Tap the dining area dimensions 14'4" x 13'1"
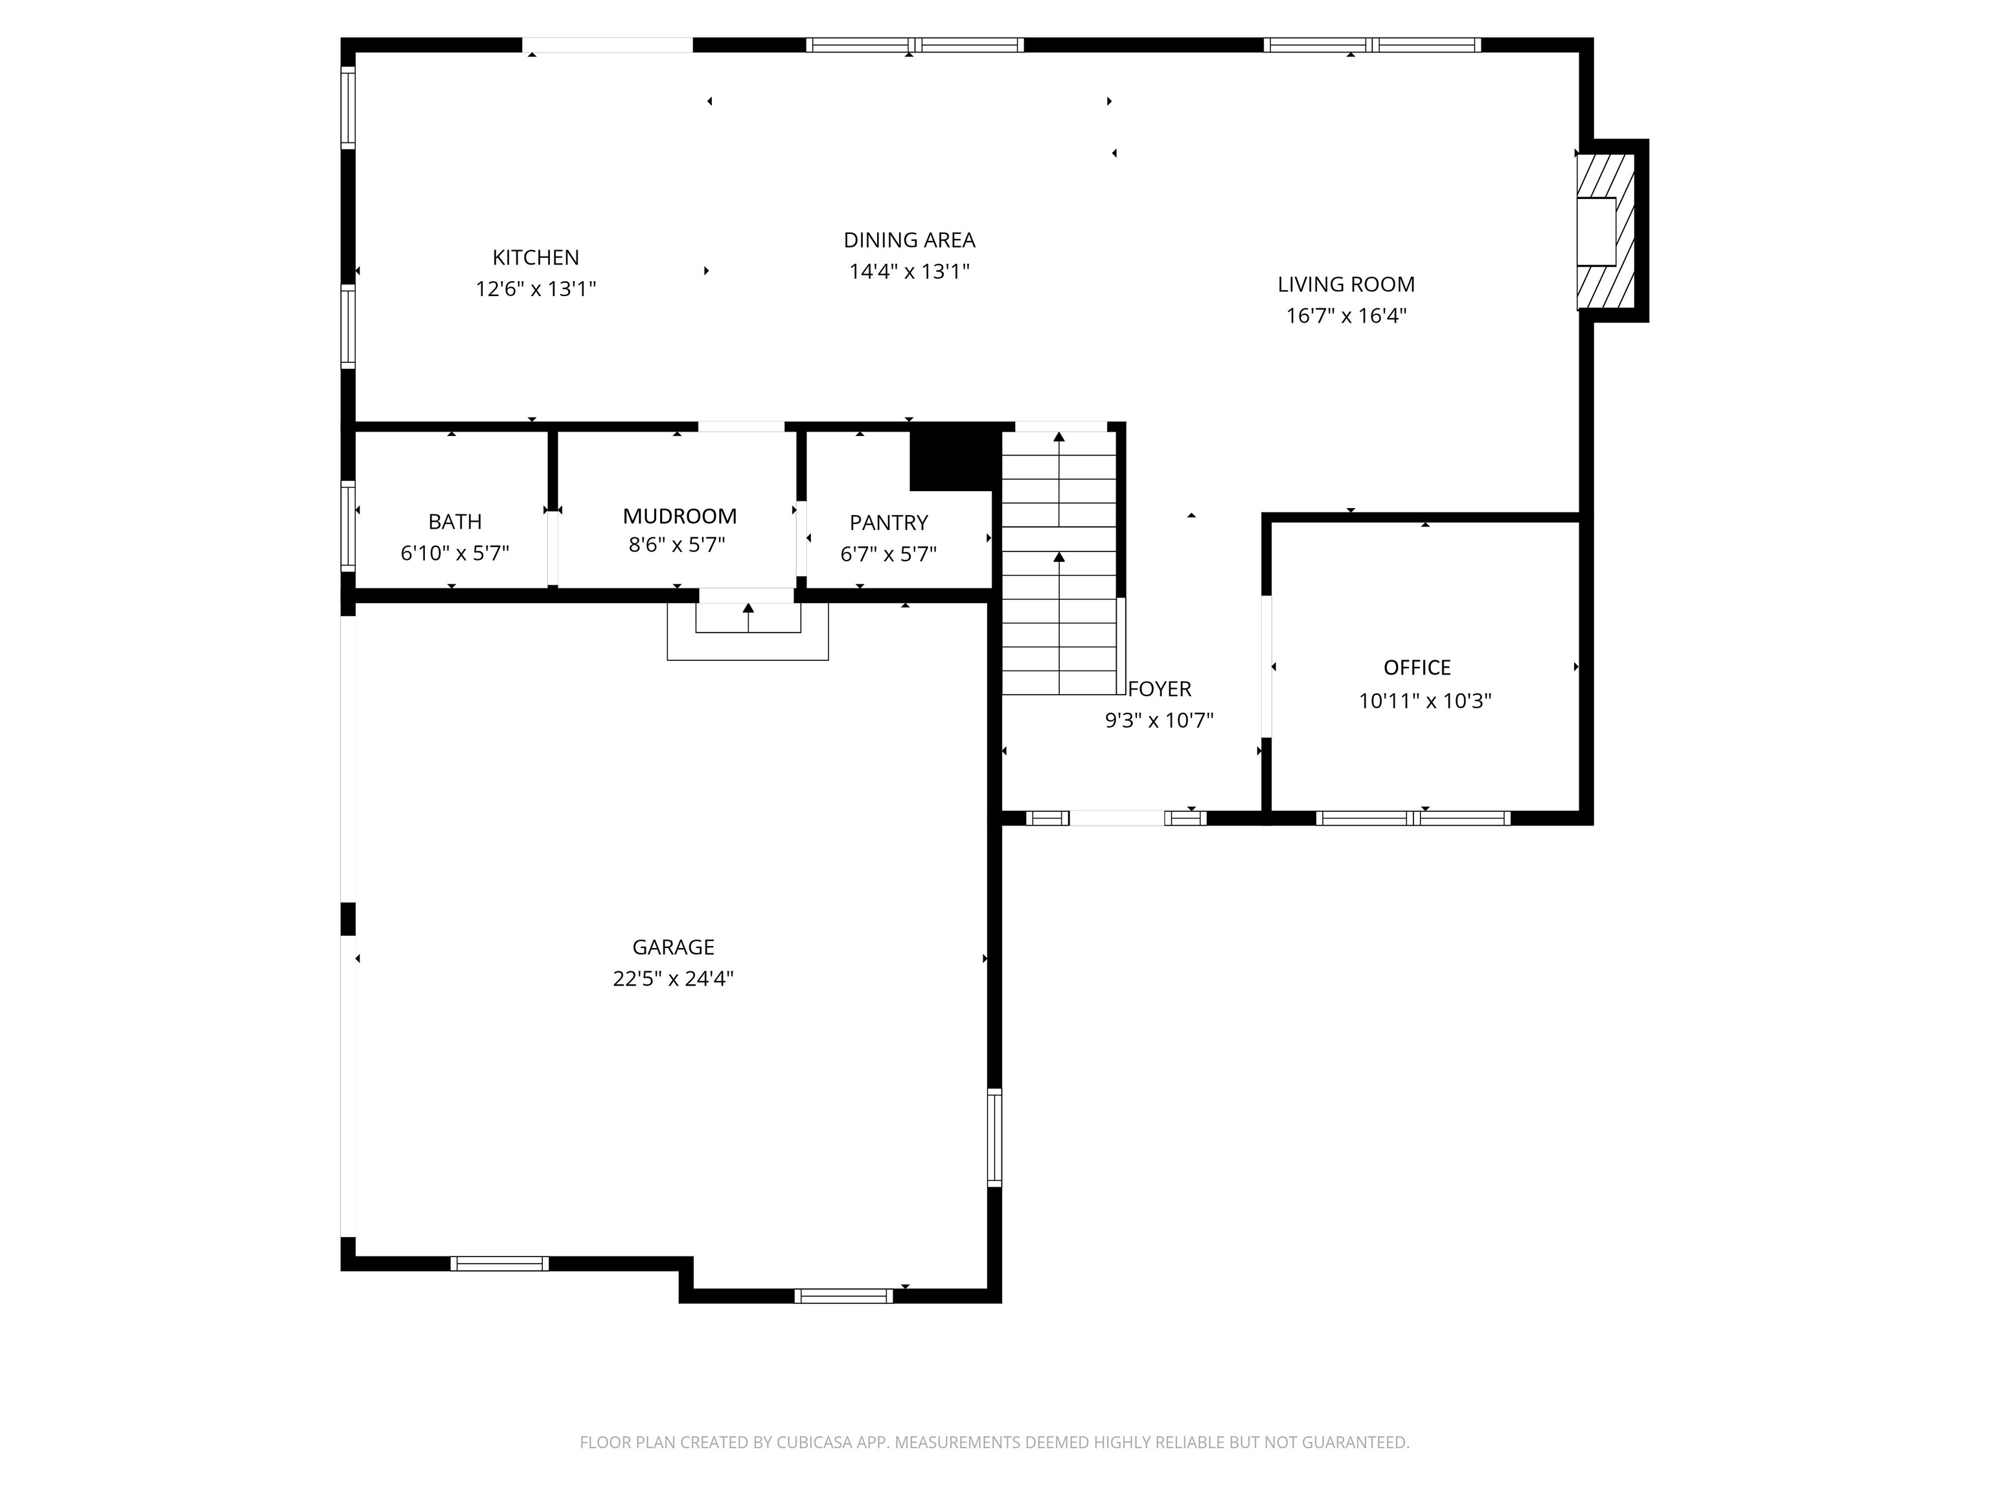pyautogui.click(x=909, y=271)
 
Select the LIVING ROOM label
pyautogui.click(x=1346, y=284)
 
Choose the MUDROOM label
pyautogui.click(x=680, y=516)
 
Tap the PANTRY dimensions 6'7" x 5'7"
pyautogui.click(x=888, y=554)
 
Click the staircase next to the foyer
pyautogui.click(x=1060, y=562)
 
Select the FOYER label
pyautogui.click(x=1159, y=689)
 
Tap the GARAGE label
pyautogui.click(x=673, y=947)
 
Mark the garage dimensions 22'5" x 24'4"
pyautogui.click(x=673, y=978)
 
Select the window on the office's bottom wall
pyautogui.click(x=1413, y=818)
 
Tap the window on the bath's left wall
pyautogui.click(x=348, y=526)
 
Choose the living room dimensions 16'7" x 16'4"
pyautogui.click(x=1346, y=316)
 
